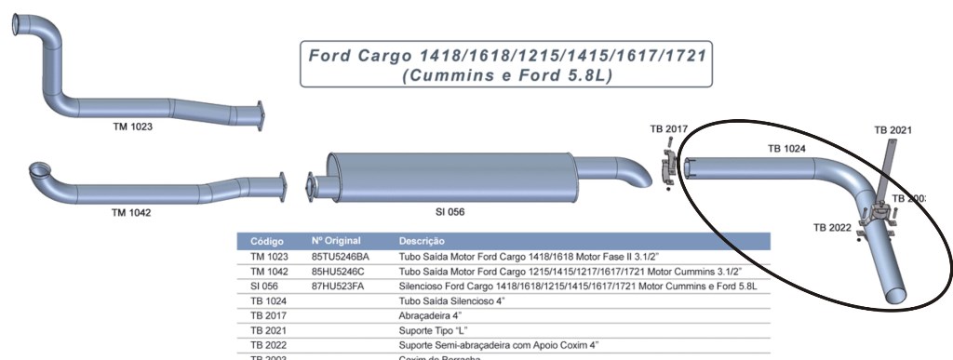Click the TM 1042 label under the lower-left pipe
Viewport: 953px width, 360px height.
point(131,213)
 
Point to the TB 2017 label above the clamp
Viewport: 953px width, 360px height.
point(668,129)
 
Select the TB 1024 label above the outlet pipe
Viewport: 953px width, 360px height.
point(786,148)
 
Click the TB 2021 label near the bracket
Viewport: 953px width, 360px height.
point(893,129)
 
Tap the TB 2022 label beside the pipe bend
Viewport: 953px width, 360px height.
point(832,227)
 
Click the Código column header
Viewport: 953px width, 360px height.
point(267,241)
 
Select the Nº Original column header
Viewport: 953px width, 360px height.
point(336,241)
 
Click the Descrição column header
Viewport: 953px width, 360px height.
point(425,241)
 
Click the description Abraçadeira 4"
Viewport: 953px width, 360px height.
point(432,315)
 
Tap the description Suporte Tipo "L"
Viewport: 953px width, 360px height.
point(436,330)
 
